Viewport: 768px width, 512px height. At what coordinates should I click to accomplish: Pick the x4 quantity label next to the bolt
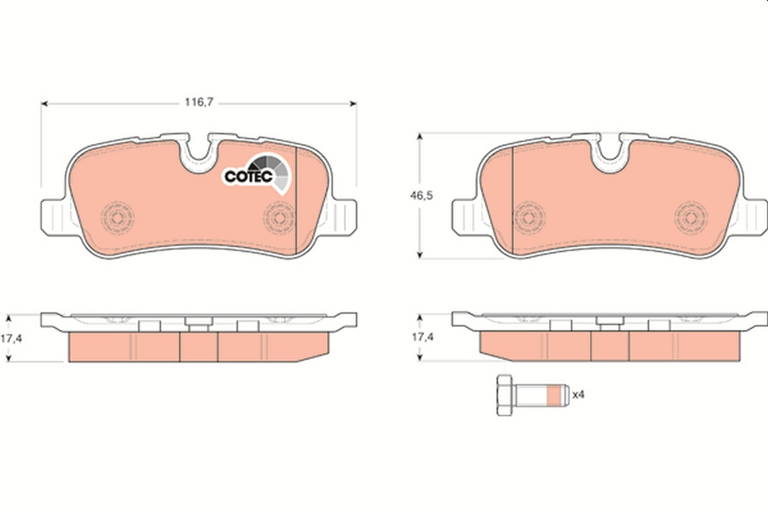click(x=579, y=395)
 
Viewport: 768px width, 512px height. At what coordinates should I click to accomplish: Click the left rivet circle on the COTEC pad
click(x=116, y=218)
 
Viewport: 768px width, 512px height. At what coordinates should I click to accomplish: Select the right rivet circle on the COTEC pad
click(x=278, y=218)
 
